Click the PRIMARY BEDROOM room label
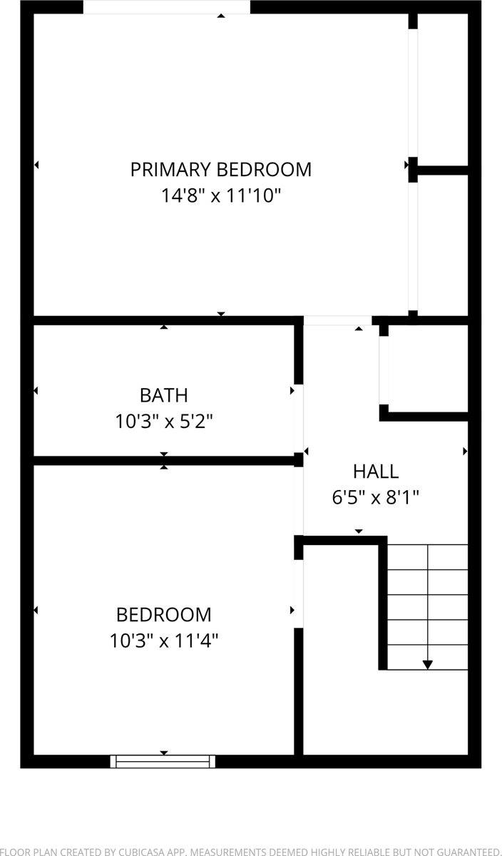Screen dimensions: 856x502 coord(220,170)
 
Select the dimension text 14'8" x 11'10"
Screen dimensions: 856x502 coord(220,195)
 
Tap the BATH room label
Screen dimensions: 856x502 coord(164,395)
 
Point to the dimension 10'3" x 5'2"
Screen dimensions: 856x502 coord(164,422)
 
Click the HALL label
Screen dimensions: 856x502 coord(375,472)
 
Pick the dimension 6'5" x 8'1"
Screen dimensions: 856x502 coord(375,497)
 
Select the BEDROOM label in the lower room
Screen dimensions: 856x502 coord(164,614)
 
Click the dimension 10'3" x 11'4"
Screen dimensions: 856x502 coord(164,641)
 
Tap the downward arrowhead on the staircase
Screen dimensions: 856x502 coord(427,664)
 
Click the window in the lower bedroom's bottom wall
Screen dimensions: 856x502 coord(163,761)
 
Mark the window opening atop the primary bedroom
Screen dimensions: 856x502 coord(167,7)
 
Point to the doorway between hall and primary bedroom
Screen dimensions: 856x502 coord(338,321)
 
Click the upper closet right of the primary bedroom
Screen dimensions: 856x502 coord(442,89)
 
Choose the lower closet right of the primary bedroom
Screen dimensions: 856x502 coord(442,243)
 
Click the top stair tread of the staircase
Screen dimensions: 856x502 coord(427,557)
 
